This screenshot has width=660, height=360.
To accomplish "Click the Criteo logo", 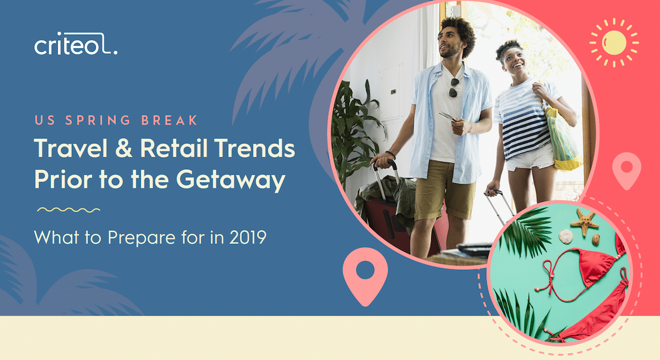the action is coord(76,43).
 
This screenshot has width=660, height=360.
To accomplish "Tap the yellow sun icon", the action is coord(614,43).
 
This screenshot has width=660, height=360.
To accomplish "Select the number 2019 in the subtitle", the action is coord(248,237).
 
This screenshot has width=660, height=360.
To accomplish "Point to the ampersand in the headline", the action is coord(123,147).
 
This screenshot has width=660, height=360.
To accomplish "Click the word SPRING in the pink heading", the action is coord(98,120).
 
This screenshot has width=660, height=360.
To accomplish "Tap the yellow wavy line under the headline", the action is coord(69,210).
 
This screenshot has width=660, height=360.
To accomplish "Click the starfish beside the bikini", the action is coord(585,222).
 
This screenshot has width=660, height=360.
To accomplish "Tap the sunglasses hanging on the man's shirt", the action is coord(453,88).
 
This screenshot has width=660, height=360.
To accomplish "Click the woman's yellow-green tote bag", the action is coord(562,140).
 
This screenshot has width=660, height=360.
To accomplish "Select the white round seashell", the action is coord(566,236).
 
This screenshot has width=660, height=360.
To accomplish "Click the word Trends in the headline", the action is coord(255,147).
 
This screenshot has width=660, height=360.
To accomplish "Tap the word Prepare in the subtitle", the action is coord(142,238).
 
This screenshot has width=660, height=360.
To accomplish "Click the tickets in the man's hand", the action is coord(447,117).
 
